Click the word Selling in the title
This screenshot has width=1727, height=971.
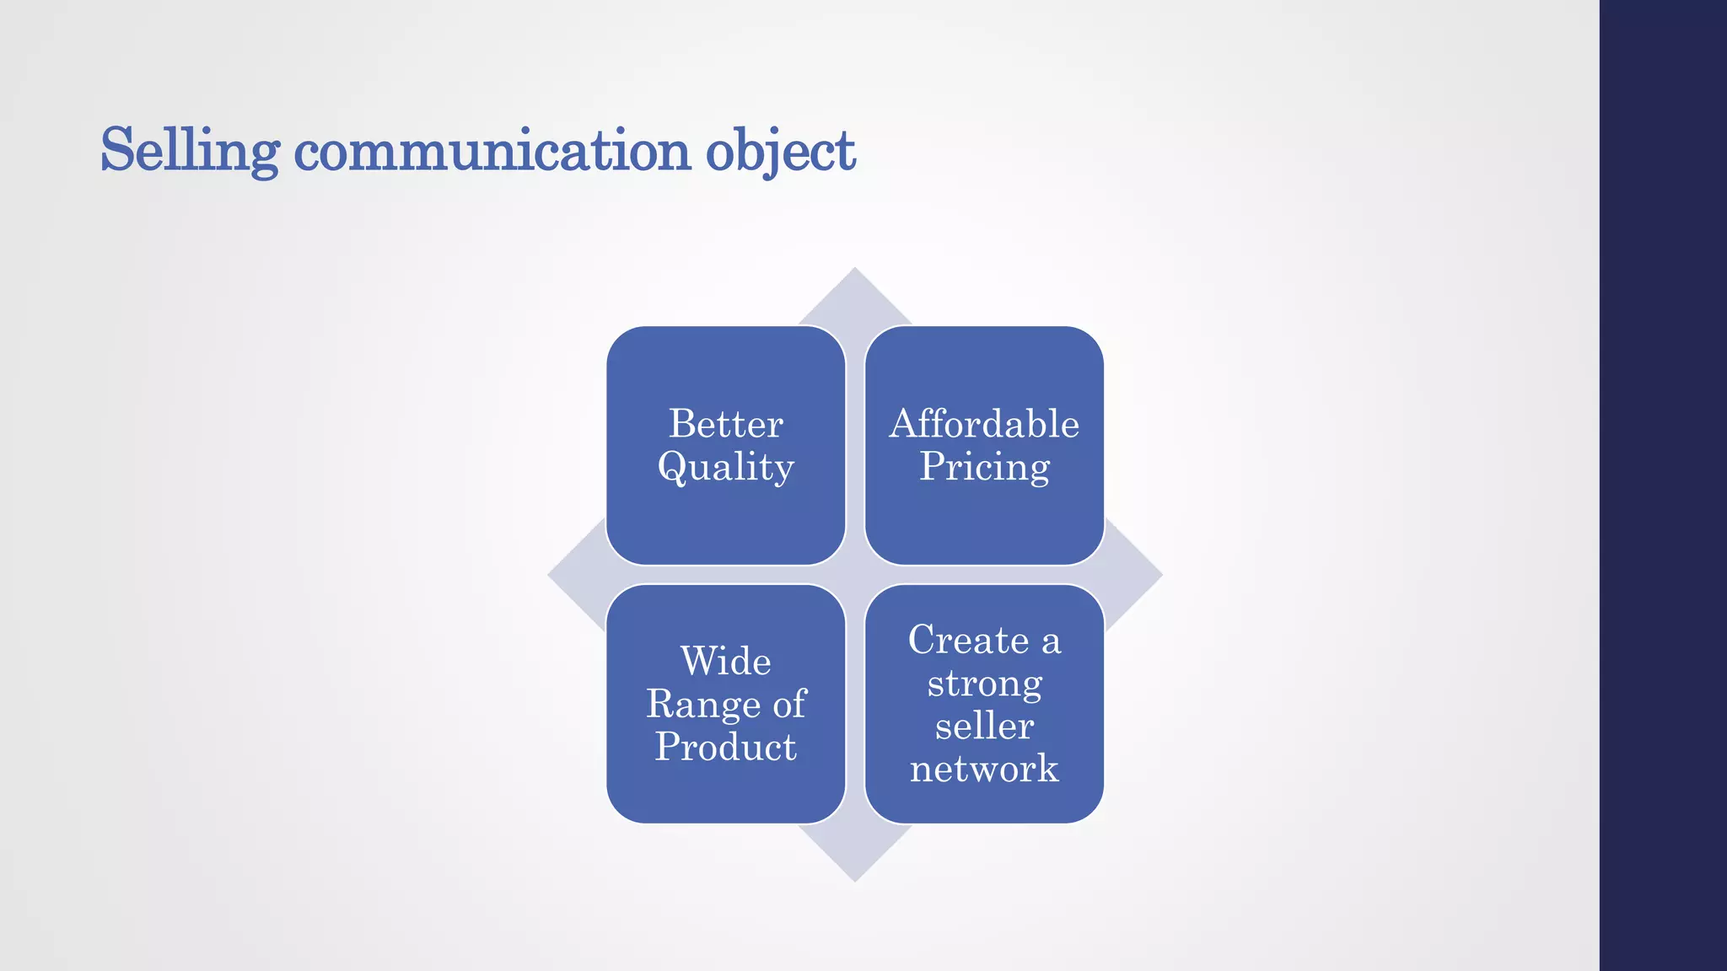click(189, 150)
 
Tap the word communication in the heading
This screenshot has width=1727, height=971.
click(492, 150)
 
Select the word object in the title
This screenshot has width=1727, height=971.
click(780, 150)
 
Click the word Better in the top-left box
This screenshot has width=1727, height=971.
click(725, 423)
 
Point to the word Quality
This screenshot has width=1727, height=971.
click(725, 467)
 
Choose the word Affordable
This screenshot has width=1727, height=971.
click(984, 423)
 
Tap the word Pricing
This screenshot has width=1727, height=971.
click(984, 467)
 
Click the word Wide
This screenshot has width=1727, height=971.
click(725, 661)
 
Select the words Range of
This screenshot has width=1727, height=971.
click(725, 704)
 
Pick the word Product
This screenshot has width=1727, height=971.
click(725, 747)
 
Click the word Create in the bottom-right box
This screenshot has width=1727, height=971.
click(968, 640)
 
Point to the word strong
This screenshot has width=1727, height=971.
click(984, 683)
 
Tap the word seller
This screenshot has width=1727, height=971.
click(984, 726)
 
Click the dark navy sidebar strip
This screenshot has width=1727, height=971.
click(1663, 485)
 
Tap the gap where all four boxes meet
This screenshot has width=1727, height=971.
click(855, 575)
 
